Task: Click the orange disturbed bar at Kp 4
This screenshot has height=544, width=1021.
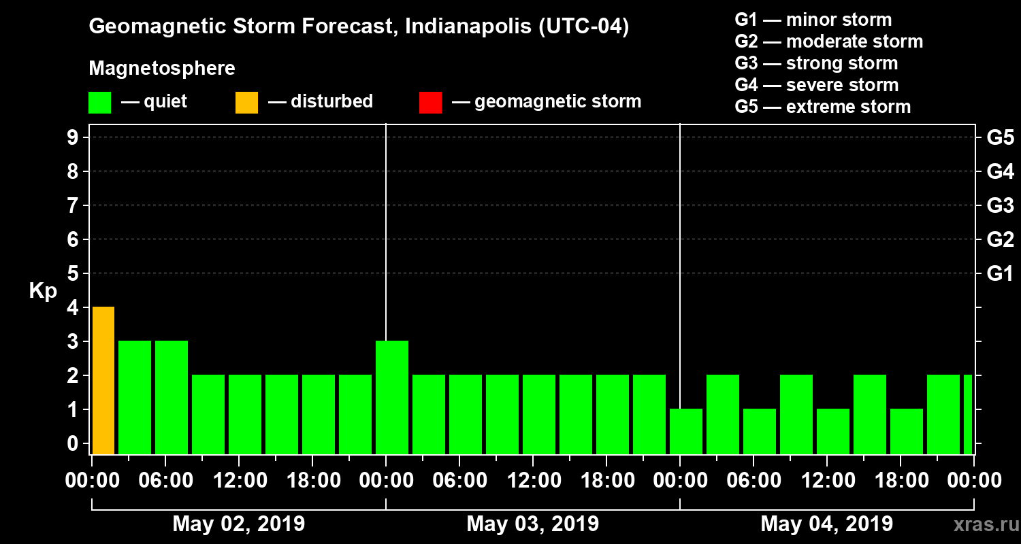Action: (103, 380)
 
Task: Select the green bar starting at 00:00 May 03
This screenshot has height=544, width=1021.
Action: (392, 397)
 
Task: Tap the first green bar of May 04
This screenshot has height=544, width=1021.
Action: (686, 431)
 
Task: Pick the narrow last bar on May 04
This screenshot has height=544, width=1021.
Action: (968, 414)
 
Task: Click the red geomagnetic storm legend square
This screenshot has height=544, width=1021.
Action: (430, 102)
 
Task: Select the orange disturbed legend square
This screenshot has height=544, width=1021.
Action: (246, 102)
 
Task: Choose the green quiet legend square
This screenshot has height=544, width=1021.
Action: (99, 102)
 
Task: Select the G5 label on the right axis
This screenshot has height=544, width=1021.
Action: (1000, 138)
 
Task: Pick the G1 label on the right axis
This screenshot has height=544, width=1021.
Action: (1000, 274)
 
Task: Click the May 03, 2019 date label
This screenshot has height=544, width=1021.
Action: (533, 524)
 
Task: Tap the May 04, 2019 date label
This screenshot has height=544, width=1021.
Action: (826, 524)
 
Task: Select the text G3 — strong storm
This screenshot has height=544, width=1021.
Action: (816, 63)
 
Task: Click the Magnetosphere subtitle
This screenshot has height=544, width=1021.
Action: (162, 69)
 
